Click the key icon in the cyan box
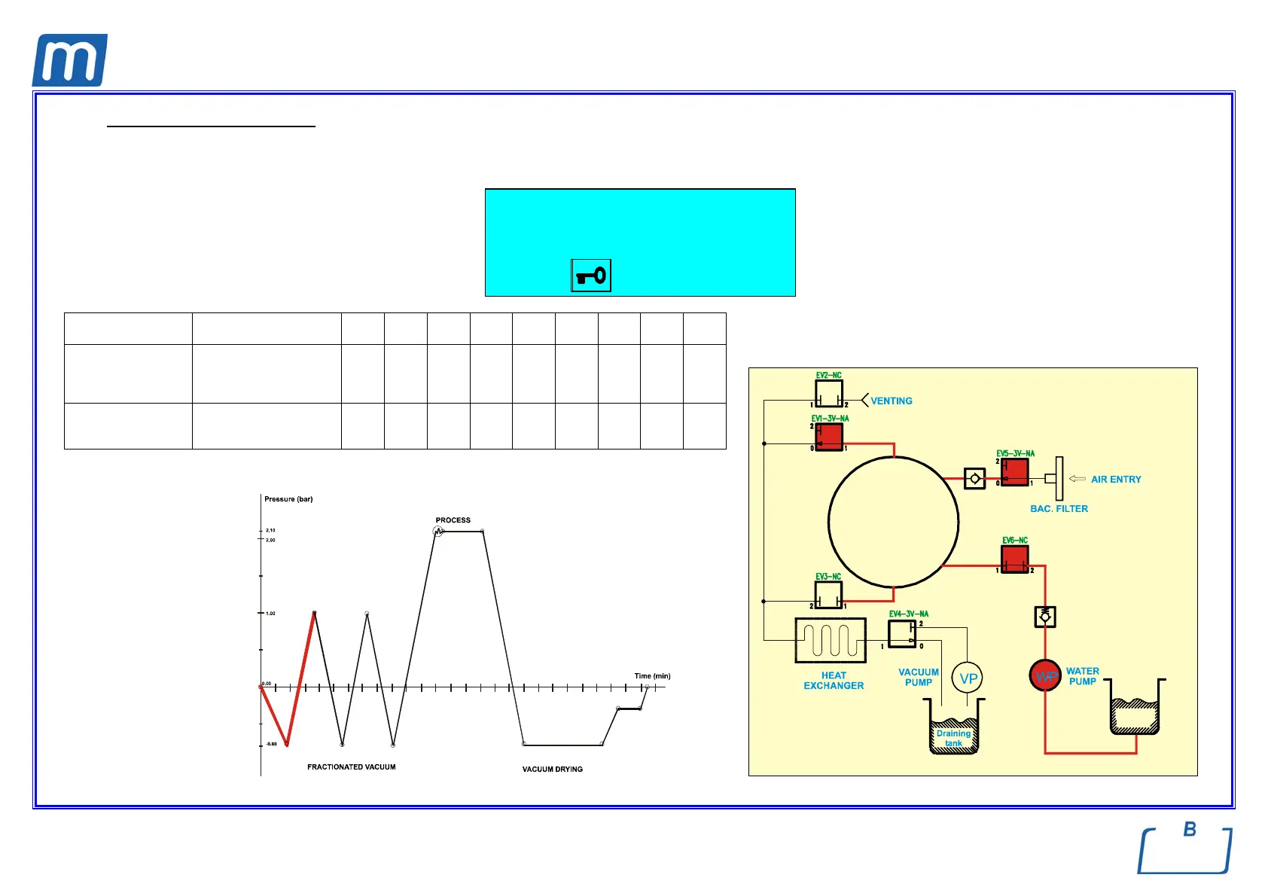coord(591,276)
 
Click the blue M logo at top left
coord(69,60)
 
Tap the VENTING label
coord(892,401)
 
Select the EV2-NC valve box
coord(828,393)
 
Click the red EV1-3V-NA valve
coord(829,437)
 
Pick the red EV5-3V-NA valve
coord(1014,472)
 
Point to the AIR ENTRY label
coord(1116,480)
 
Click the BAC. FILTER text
coord(1059,509)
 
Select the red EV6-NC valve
coord(1014,559)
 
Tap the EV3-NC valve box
coord(828,595)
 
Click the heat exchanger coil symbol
coord(831,641)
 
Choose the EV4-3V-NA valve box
coord(902,634)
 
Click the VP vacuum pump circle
coord(968,678)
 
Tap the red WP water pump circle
coord(1045,676)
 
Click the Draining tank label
coord(953,738)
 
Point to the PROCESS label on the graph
coord(453,520)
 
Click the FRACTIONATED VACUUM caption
coord(351,767)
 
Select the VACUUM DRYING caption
coord(552,770)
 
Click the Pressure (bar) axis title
coord(288,499)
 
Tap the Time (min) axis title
coord(652,676)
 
